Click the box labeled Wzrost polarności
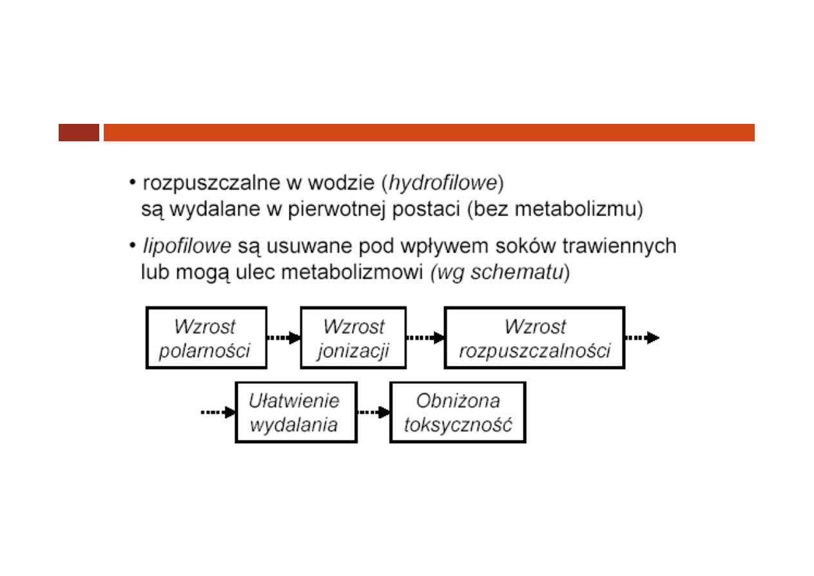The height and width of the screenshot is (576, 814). tap(206, 338)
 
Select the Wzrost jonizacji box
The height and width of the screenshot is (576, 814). tap(353, 338)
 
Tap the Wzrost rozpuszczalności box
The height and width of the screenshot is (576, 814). tap(534, 338)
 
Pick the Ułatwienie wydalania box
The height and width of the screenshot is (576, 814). tap(296, 412)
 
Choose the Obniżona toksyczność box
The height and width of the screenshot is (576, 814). tap(458, 412)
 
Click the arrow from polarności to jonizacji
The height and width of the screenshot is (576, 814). tap(284, 337)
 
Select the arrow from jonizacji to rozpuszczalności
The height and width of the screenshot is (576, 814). tap(425, 337)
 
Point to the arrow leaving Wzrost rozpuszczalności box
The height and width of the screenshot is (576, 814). tap(642, 337)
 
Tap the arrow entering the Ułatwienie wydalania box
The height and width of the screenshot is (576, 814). tap(218, 412)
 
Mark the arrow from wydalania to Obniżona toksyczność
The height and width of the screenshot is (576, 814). tap(374, 412)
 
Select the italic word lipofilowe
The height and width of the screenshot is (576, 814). tap(188, 246)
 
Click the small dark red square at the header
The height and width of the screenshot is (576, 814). tap(79, 132)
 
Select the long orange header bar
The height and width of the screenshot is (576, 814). tap(429, 132)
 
